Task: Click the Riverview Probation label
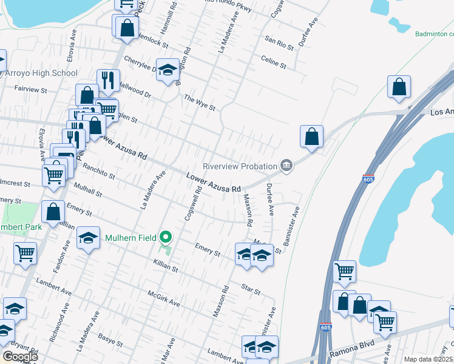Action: tap(239, 166)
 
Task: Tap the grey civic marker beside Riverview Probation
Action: tap(286, 165)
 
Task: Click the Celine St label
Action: tap(273, 62)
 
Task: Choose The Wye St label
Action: tap(200, 103)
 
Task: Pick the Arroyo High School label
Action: tap(41, 73)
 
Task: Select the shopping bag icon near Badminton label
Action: tap(399, 87)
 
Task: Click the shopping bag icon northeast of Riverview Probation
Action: tap(311, 136)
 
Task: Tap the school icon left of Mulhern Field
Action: tap(89, 238)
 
